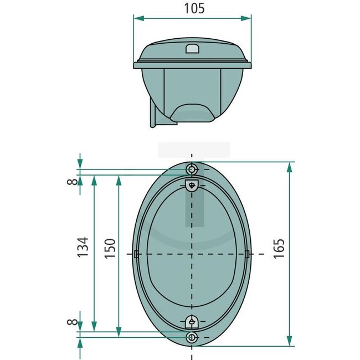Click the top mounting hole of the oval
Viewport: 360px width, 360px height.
click(192, 169)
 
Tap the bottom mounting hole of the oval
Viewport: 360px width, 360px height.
click(192, 337)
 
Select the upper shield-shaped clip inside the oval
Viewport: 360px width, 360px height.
click(192, 186)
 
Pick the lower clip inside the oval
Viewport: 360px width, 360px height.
click(192, 321)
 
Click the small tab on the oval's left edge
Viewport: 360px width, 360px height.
click(135, 254)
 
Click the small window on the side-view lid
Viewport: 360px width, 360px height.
click(192, 49)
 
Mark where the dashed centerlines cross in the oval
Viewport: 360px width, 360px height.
click(192, 254)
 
